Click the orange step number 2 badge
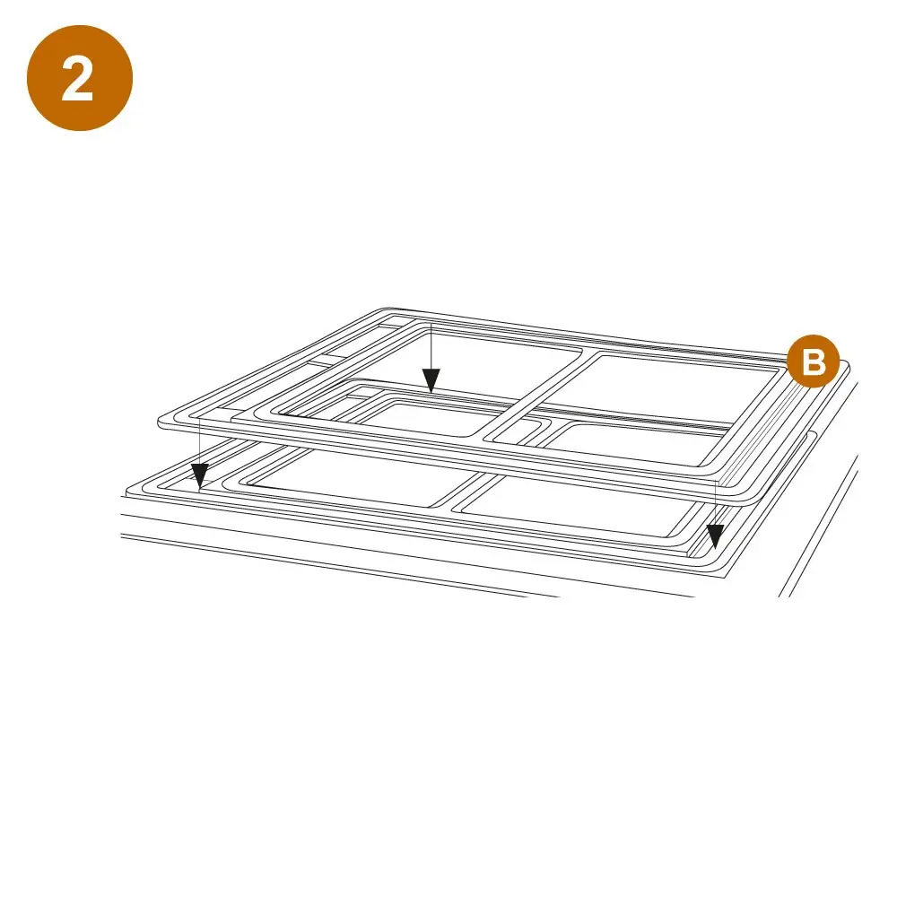click(80, 78)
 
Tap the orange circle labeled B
click(813, 361)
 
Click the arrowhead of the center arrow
click(431, 380)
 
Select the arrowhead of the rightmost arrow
click(715, 536)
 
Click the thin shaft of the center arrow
click(431, 351)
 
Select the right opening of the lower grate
click(578, 507)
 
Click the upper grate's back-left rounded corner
click(386, 313)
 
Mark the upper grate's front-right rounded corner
click(738, 495)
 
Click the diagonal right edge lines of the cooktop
click(819, 524)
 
